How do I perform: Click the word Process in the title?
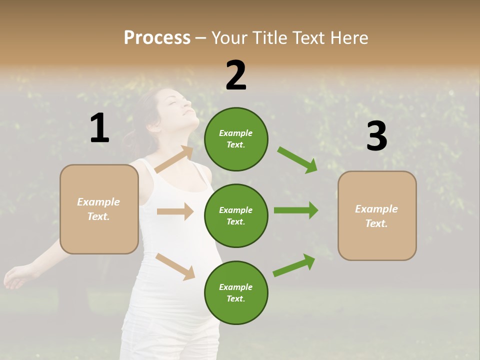pyautogui.click(x=157, y=38)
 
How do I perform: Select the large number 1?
pyautogui.click(x=99, y=128)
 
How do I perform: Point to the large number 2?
pyautogui.click(x=236, y=75)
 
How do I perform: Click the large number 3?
pyautogui.click(x=376, y=136)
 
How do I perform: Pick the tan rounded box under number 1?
pyautogui.click(x=99, y=209)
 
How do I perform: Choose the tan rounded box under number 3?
pyautogui.click(x=377, y=215)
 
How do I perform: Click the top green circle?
pyautogui.click(x=236, y=139)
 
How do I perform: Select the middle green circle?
pyautogui.click(x=236, y=215)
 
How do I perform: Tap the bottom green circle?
pyautogui.click(x=236, y=292)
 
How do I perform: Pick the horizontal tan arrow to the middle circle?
pyautogui.click(x=175, y=211)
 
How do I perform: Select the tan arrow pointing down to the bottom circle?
pyautogui.click(x=175, y=266)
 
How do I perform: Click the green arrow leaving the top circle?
pyautogui.click(x=297, y=160)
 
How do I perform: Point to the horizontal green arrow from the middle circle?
pyautogui.click(x=295, y=210)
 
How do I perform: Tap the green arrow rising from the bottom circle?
pyautogui.click(x=294, y=265)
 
